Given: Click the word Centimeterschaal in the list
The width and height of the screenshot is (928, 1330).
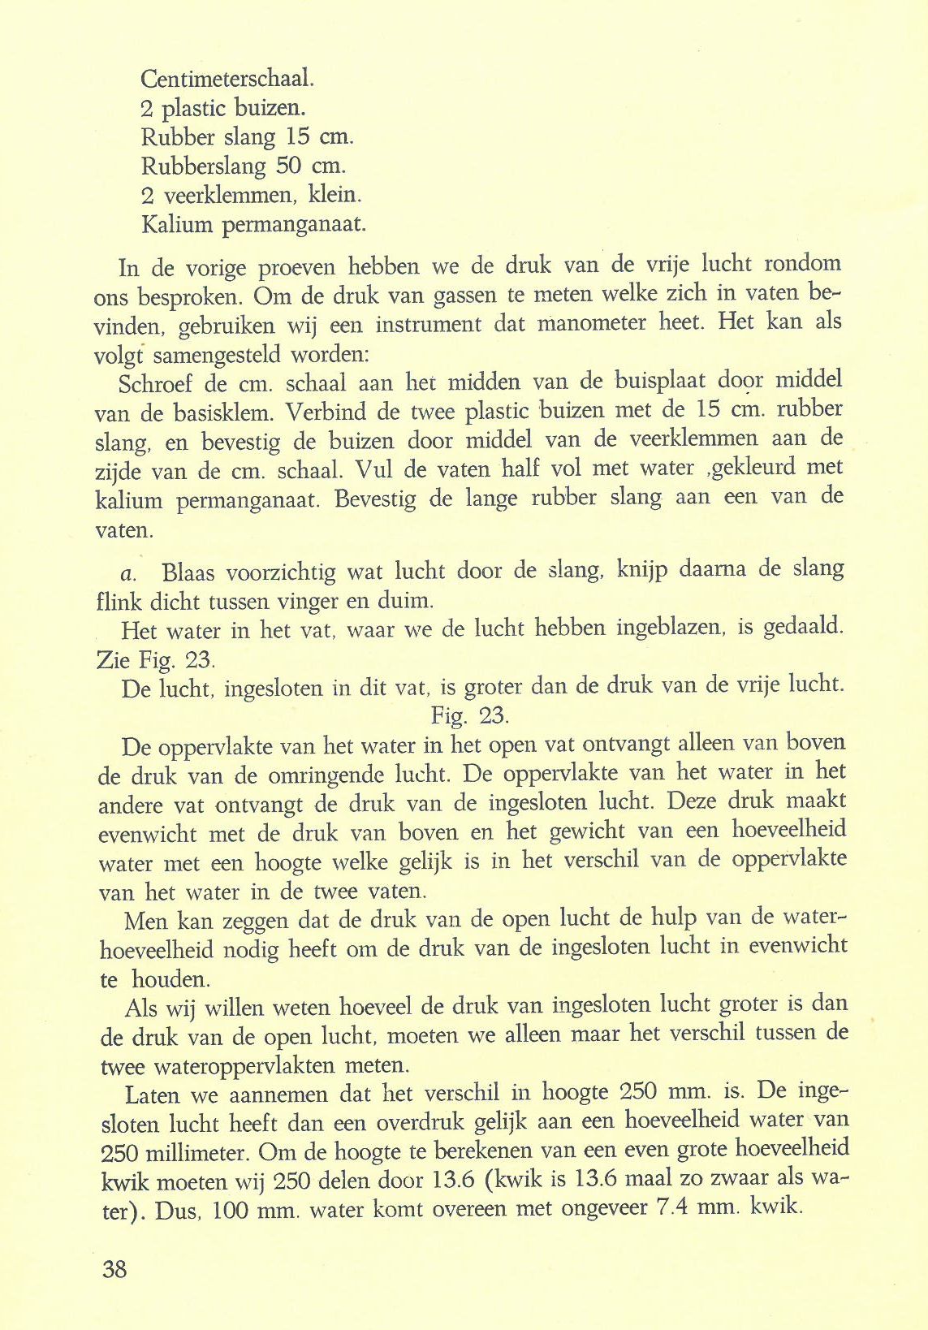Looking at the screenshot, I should [x=226, y=79].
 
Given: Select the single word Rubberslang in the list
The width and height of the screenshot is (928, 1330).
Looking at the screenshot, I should [x=204, y=166].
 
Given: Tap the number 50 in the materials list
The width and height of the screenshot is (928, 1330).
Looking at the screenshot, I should [x=290, y=166].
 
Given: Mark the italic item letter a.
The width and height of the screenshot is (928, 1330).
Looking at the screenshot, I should [x=127, y=573].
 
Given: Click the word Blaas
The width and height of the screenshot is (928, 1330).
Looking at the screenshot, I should [x=188, y=572].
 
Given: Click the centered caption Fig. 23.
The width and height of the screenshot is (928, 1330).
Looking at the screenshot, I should [x=470, y=715].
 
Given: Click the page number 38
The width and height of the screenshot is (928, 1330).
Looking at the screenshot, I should [x=114, y=1268].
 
